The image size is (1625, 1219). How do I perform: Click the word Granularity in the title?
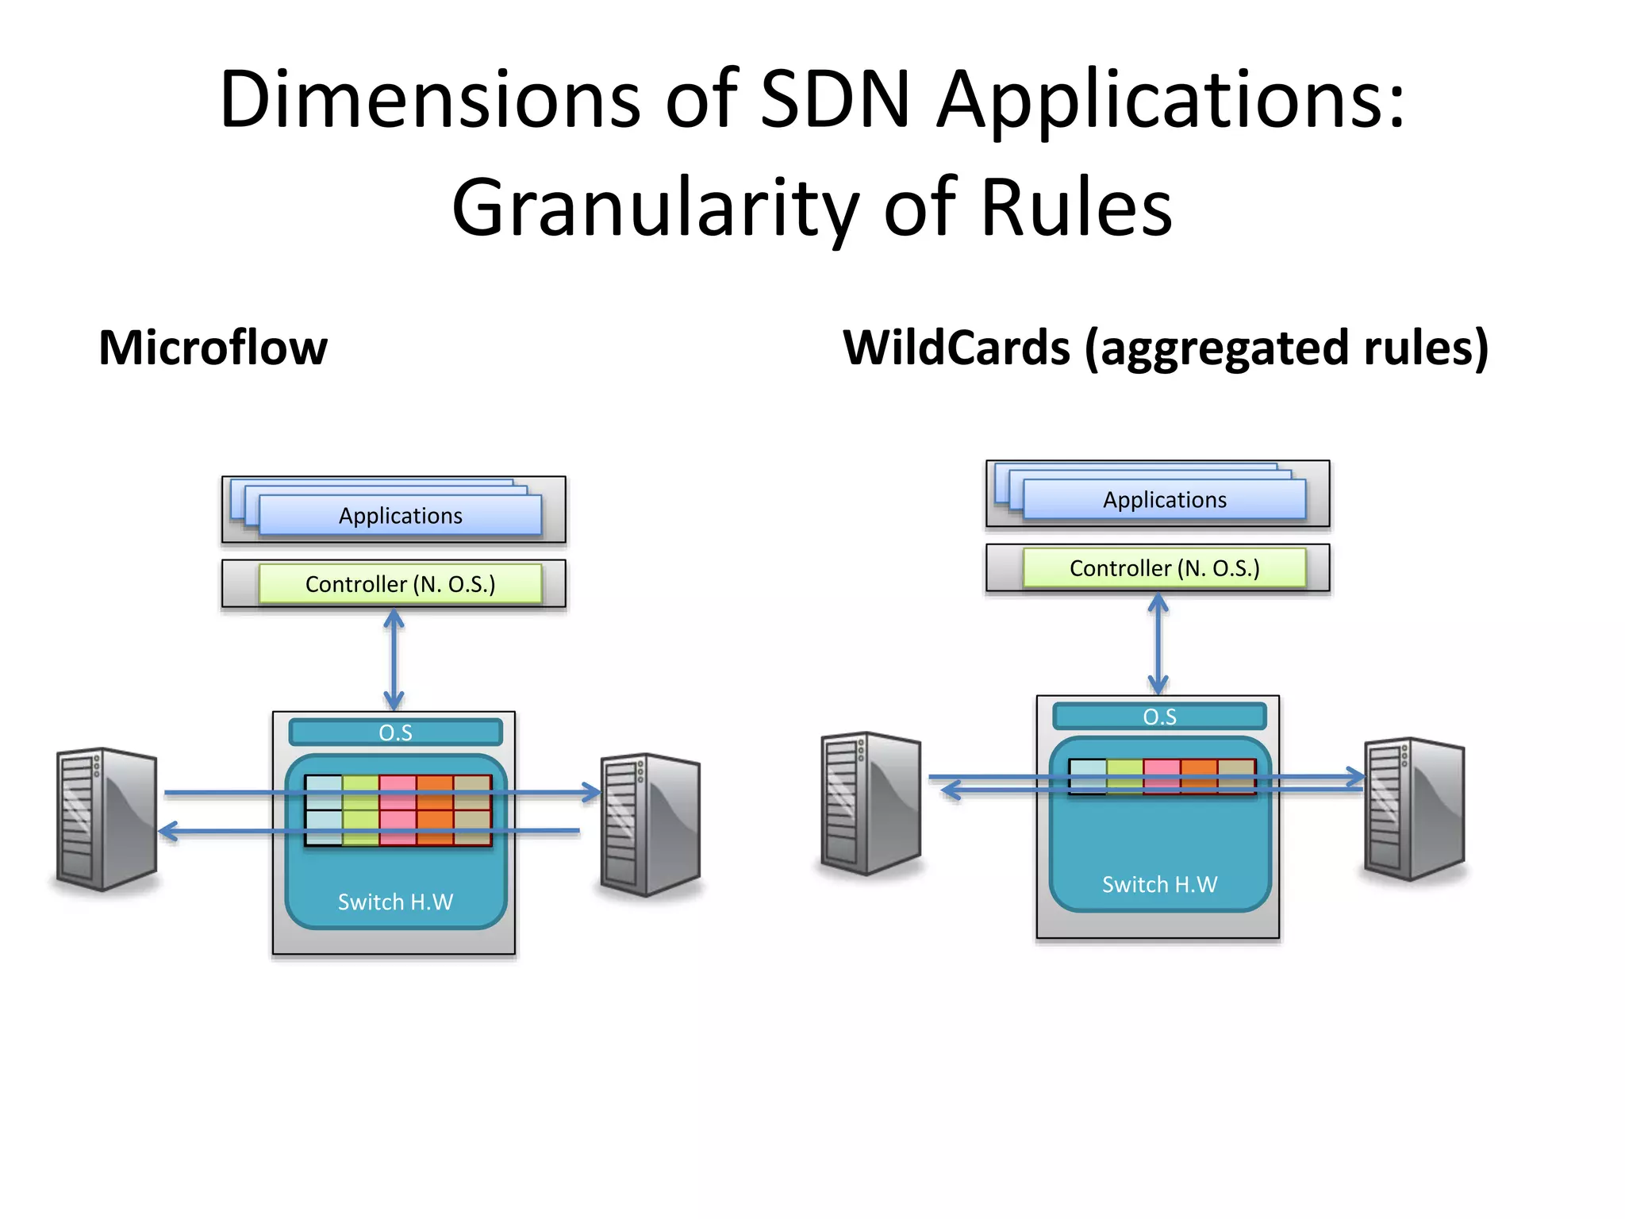pyautogui.click(x=655, y=208)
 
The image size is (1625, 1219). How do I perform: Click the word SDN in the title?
pyautogui.click(x=835, y=100)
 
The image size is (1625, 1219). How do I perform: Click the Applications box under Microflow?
pyautogui.click(x=401, y=516)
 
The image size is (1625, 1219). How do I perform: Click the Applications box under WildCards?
pyautogui.click(x=1164, y=500)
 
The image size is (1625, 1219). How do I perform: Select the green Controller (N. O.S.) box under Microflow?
pyautogui.click(x=401, y=584)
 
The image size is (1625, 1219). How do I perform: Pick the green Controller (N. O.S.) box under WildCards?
pyautogui.click(x=1164, y=568)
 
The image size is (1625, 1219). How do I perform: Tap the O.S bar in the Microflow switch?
pyautogui.click(x=395, y=732)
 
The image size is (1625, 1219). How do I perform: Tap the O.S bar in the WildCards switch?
pyautogui.click(x=1159, y=717)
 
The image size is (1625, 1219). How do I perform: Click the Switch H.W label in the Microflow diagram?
pyautogui.click(x=395, y=902)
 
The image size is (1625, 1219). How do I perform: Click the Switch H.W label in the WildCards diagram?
pyautogui.click(x=1159, y=884)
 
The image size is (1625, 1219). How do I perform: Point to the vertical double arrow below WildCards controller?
pyautogui.click(x=1158, y=644)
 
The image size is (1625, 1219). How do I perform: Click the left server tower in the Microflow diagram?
pyautogui.click(x=106, y=819)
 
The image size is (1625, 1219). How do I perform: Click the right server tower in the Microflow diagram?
pyautogui.click(x=651, y=825)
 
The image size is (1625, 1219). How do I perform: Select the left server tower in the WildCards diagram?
pyautogui.click(x=870, y=803)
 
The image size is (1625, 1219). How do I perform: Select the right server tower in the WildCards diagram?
pyautogui.click(x=1414, y=809)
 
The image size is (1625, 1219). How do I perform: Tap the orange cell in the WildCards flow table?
pyautogui.click(x=1199, y=776)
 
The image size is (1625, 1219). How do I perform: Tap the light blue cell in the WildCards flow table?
pyautogui.click(x=1088, y=776)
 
